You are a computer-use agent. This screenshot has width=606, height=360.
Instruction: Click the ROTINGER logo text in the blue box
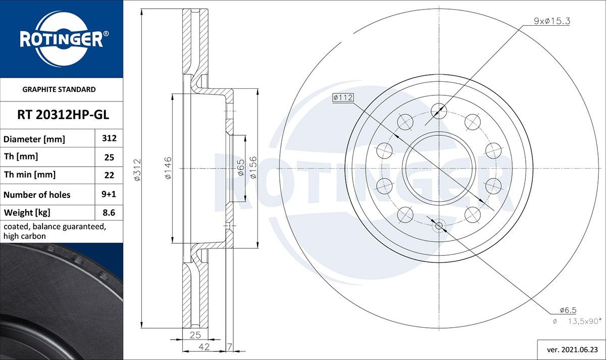61,39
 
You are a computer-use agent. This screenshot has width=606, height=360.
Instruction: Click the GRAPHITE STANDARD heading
59,89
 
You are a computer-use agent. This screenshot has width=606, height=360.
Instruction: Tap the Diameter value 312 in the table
109,138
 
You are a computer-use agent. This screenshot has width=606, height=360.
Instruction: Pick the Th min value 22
109,175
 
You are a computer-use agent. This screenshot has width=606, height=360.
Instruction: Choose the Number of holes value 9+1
109,194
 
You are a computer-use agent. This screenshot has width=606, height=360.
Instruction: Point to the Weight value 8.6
109,213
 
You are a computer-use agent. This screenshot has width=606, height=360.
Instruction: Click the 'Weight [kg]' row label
27,213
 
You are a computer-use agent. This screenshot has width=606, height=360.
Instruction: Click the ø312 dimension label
137,169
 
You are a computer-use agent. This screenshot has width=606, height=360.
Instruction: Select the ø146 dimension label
168,168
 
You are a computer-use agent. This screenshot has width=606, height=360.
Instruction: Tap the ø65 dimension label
241,168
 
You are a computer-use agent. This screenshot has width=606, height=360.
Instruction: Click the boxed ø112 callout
342,98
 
